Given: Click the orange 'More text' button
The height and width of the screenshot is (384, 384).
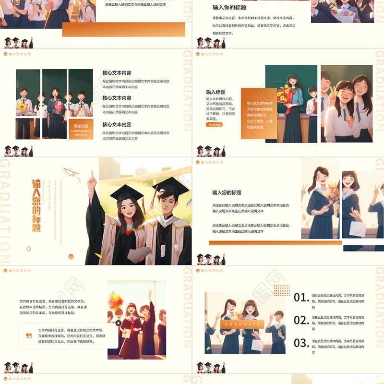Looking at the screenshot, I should point(215,125).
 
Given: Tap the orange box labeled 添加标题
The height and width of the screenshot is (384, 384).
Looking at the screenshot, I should point(81,129).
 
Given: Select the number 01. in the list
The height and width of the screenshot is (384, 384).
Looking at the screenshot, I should point(301,298).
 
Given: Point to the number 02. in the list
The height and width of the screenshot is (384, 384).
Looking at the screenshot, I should point(301,320).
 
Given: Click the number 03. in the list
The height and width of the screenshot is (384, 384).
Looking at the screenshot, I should point(301,343).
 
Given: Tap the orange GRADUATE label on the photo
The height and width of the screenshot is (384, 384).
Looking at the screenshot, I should point(242,324).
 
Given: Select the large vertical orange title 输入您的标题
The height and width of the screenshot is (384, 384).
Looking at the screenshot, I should point(36,205).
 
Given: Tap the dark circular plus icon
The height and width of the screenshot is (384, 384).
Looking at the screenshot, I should point(118,324).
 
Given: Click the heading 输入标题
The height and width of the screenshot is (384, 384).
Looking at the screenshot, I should point(216,92).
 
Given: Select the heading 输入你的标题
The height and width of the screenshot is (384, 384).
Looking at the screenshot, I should point(229,7).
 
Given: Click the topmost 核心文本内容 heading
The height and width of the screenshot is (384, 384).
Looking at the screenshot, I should point(117,73).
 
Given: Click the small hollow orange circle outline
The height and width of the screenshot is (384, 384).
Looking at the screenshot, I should point(28,249).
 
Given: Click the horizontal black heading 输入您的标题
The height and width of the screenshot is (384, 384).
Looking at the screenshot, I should point(227,192).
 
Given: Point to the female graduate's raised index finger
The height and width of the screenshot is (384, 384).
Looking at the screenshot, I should point(92,175).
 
